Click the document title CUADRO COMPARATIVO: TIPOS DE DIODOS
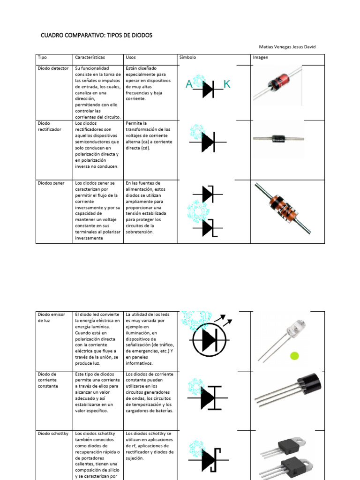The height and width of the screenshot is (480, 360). pos(96,35)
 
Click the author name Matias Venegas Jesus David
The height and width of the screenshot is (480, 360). pos(287,47)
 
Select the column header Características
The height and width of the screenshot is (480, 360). pos(90,57)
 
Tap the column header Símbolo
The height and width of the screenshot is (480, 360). pos(187,57)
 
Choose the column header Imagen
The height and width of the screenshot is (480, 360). pos(261,57)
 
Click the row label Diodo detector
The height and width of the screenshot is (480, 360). pos(53,68)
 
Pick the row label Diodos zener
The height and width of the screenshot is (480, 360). pos(51,183)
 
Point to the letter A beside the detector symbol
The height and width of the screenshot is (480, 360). pos(189,84)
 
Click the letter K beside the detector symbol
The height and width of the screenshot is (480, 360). pos(227,84)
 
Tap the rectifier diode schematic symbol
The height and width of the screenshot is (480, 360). pos(208,142)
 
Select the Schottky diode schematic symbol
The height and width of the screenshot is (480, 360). pos(208,460)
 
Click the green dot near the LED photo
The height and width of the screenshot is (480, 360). pos(294,356)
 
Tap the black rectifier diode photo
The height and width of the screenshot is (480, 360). pos(278,138)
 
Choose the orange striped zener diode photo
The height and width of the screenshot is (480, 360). pos(283,208)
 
